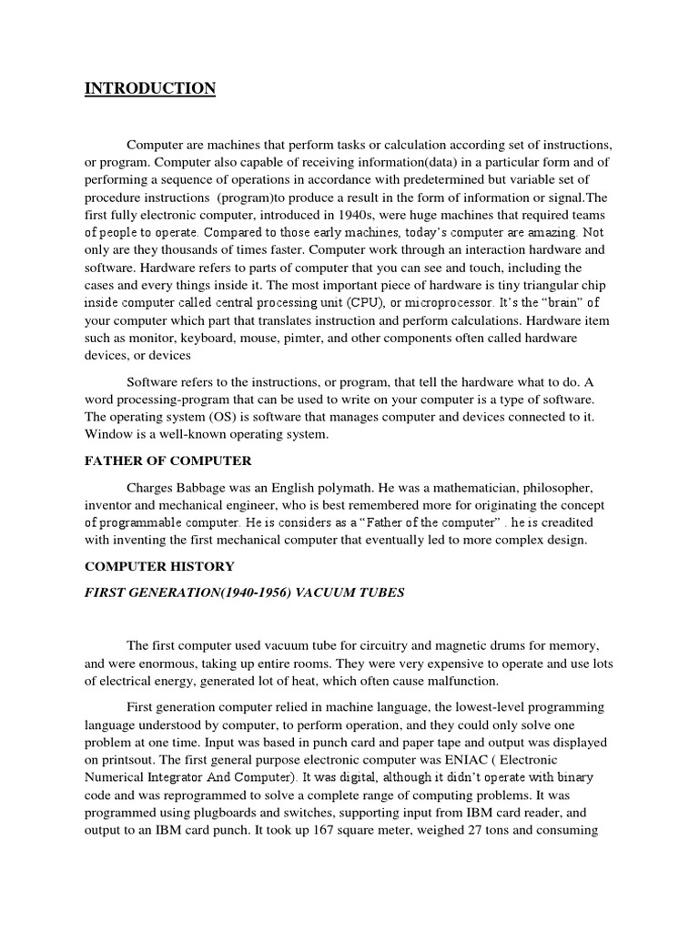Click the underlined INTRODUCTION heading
(x=150, y=88)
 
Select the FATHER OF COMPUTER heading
(x=168, y=461)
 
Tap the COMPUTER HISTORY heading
(x=159, y=566)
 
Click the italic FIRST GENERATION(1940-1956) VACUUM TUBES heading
(x=245, y=593)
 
